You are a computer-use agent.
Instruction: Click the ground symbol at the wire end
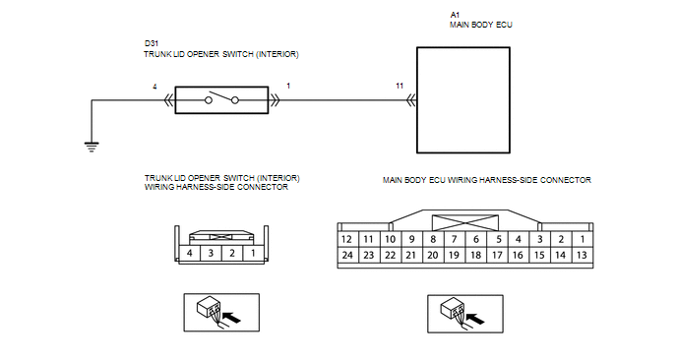click(92, 147)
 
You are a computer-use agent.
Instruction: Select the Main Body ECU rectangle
click(463, 100)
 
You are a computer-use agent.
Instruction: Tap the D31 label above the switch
click(152, 43)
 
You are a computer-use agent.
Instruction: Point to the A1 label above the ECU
click(455, 15)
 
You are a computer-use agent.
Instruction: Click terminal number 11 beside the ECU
click(400, 86)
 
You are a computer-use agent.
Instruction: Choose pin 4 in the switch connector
click(190, 253)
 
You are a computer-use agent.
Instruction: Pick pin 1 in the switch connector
click(253, 253)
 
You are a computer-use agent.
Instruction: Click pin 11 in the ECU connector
click(368, 239)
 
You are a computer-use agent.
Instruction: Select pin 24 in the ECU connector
click(347, 255)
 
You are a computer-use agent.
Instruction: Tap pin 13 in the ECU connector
click(582, 255)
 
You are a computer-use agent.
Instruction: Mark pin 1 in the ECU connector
click(582, 239)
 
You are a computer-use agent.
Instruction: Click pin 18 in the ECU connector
click(476, 255)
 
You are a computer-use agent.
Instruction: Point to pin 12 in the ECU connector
click(346, 239)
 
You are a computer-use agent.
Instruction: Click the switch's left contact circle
click(209, 100)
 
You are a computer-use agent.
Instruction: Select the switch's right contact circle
click(235, 100)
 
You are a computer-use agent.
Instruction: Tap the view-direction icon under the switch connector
click(221, 313)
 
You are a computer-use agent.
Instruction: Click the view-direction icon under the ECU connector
click(465, 314)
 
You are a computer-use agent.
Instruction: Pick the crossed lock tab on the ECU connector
click(465, 222)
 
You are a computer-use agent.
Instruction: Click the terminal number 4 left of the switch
click(154, 87)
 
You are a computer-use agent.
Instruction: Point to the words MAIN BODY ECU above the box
click(481, 25)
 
